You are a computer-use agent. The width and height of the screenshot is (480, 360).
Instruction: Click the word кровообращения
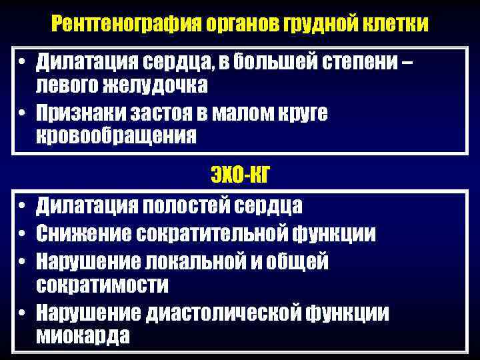[117, 135]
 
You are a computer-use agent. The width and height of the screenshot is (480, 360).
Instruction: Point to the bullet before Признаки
[23, 113]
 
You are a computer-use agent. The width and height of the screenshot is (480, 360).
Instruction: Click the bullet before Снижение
[23, 233]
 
